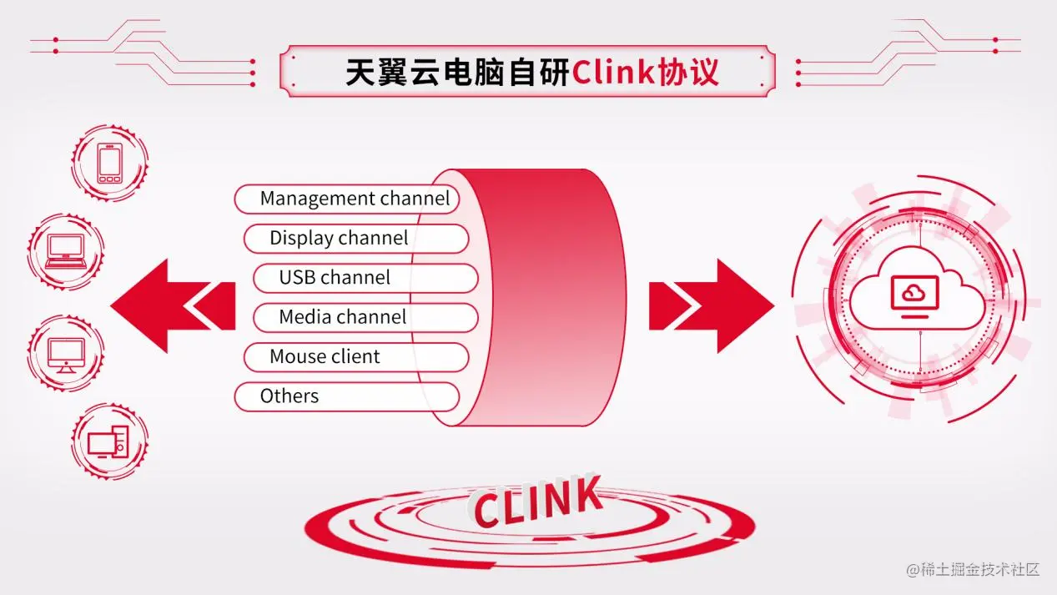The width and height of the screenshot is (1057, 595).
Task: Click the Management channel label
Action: (355, 199)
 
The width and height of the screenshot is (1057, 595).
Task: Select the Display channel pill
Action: (339, 238)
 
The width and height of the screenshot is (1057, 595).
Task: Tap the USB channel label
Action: (335, 277)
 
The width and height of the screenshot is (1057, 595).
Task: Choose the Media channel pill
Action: (342, 317)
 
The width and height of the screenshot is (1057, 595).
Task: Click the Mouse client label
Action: (325, 356)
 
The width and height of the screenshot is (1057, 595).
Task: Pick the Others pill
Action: (289, 396)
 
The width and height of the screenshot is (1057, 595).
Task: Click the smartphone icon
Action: (109, 163)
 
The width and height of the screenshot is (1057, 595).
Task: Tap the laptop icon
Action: (65, 250)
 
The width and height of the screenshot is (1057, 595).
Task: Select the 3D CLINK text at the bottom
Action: (536, 501)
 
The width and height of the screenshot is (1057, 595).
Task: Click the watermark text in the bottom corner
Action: (973, 570)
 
